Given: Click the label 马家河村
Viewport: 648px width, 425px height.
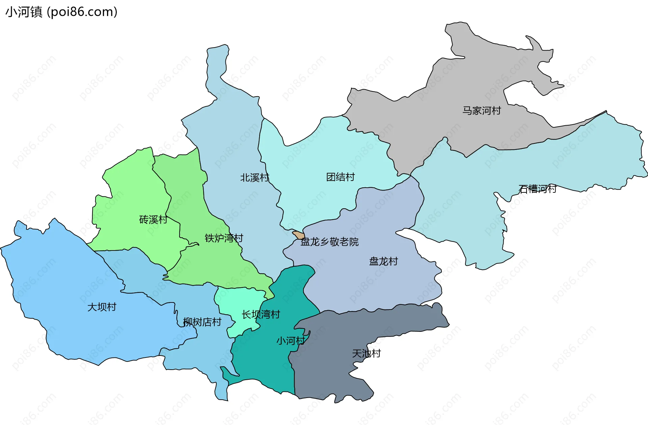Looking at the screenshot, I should (x=482, y=111).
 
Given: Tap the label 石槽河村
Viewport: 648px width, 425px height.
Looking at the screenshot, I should (x=537, y=189).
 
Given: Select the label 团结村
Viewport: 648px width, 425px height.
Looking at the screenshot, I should (x=340, y=177).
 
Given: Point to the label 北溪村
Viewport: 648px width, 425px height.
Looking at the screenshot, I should (x=254, y=178).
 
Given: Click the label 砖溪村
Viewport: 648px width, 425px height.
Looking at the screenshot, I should (x=153, y=220).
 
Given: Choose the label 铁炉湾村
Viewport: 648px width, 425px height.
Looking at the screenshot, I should (x=224, y=238).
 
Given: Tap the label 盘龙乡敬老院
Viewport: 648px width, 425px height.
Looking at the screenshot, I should (x=329, y=242).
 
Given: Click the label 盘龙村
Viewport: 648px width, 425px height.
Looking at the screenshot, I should (x=383, y=262).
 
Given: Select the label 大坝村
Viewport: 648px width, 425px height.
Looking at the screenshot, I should (x=102, y=307).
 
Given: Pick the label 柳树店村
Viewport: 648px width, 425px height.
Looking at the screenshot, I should (x=202, y=322).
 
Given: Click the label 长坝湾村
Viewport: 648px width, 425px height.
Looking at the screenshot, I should (x=261, y=315).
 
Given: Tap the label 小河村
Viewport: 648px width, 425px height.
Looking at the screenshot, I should (x=291, y=341).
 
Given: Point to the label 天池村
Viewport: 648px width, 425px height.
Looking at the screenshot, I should (x=366, y=354).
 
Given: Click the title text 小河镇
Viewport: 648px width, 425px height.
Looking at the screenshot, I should (x=24, y=12).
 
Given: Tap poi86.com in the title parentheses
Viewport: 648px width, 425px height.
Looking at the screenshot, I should (x=82, y=12).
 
